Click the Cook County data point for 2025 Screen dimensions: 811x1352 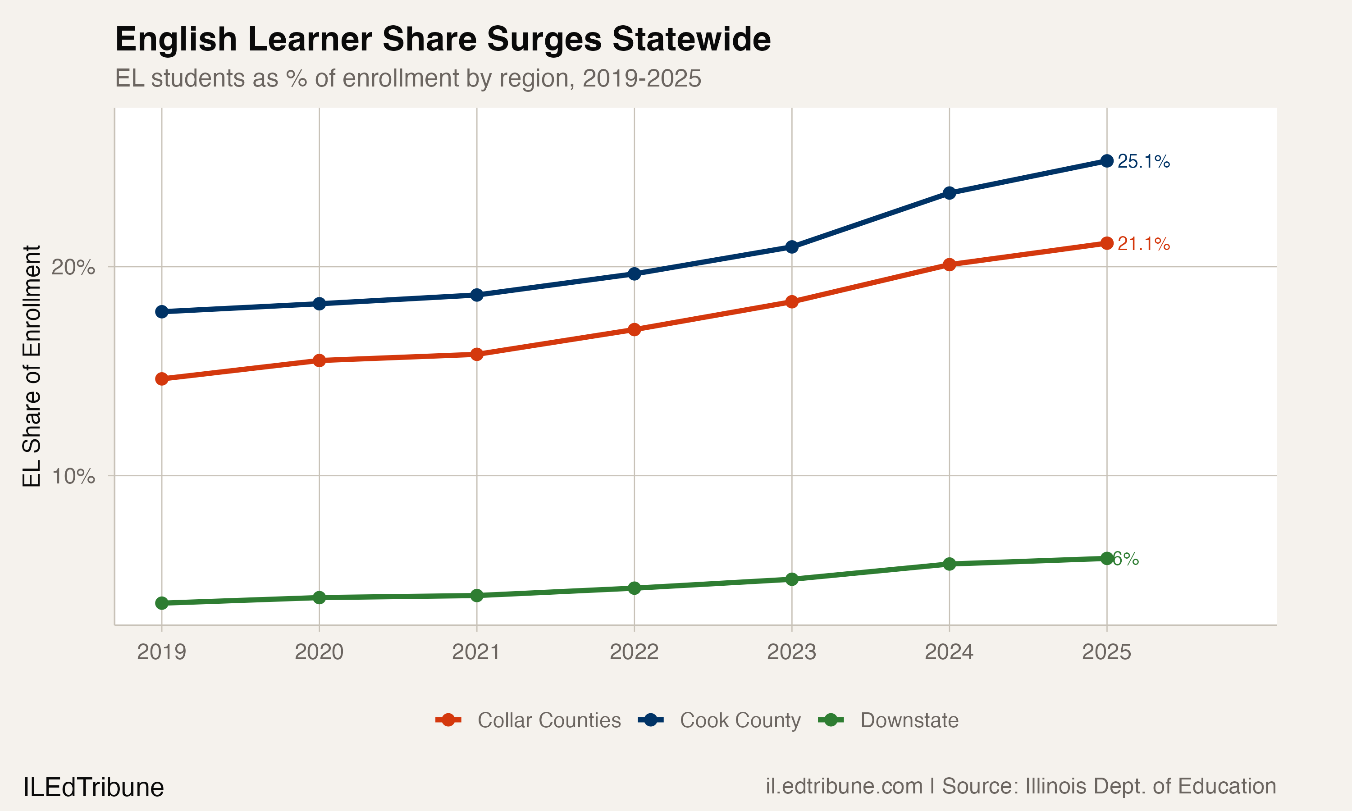pyautogui.click(x=1107, y=161)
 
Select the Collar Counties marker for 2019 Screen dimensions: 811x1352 pyautogui.click(x=162, y=379)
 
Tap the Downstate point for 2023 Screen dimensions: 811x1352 pyautogui.click(x=792, y=579)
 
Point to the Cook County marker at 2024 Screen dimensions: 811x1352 pyautogui.click(x=949, y=193)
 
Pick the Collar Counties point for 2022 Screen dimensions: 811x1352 pyautogui.click(x=634, y=329)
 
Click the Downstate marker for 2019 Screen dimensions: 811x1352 pyautogui.click(x=162, y=603)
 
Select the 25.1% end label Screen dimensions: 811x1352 pyautogui.click(x=1143, y=161)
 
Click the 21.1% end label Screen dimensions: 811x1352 pyautogui.click(x=1143, y=244)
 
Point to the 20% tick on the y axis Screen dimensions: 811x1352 pyautogui.click(x=73, y=267)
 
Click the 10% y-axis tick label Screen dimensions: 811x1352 pyautogui.click(x=73, y=476)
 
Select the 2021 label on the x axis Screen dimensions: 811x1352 pyautogui.click(x=476, y=652)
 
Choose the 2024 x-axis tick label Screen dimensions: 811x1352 pyautogui.click(x=949, y=652)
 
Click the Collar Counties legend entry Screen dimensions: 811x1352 pyautogui.click(x=548, y=720)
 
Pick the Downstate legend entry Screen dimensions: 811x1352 pyautogui.click(x=909, y=720)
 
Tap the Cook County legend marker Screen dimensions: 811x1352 pyautogui.click(x=651, y=720)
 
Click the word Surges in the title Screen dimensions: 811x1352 pyautogui.click(x=544, y=39)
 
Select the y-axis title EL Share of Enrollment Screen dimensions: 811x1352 pyautogui.click(x=32, y=366)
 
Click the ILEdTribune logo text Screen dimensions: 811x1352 pyautogui.click(x=93, y=788)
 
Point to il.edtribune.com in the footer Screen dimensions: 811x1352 pyautogui.click(x=844, y=786)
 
